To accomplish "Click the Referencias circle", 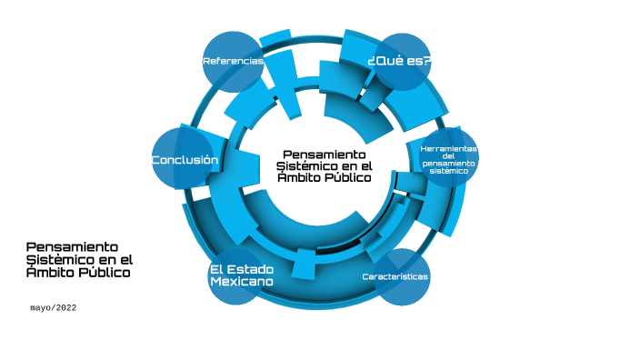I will coord(232,62).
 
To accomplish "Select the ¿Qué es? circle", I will coord(401,62).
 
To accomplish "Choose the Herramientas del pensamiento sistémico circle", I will coord(449,158).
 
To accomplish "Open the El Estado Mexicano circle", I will coord(241,276).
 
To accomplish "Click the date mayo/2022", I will coord(54,308).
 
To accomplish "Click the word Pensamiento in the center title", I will coord(325,155).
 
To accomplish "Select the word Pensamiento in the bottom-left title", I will coord(73,246).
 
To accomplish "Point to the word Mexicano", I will coord(242,283).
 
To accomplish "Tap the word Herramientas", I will coord(449,148).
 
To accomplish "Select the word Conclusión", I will coord(185,160).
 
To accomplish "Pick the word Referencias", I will coord(233,62).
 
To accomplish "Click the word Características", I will coord(395,276).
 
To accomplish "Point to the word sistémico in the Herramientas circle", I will coord(449,170).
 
